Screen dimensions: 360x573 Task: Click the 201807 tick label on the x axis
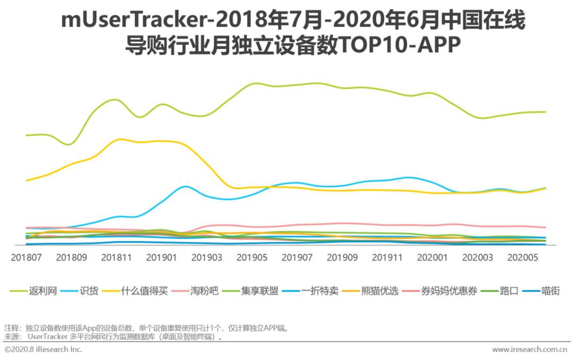26,258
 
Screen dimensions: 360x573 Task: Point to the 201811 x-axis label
117,258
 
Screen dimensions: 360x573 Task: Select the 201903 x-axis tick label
207,258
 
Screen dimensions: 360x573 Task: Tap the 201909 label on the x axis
343,258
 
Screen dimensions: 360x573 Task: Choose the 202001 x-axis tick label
433,258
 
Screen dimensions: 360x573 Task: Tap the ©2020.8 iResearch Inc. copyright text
44,349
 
